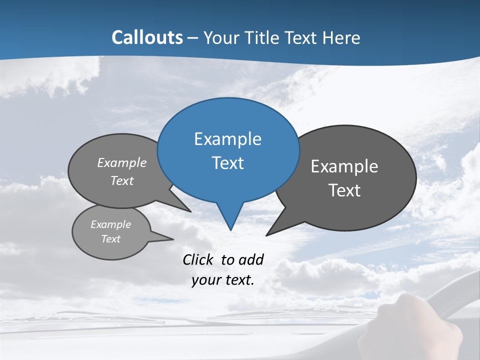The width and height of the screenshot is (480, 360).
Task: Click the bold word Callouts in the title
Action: click(147, 37)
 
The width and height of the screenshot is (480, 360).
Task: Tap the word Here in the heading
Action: click(342, 38)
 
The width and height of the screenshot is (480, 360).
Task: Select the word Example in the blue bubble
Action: click(227, 139)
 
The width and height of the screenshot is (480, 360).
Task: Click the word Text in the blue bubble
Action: click(228, 163)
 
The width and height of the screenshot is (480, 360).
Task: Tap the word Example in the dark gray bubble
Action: click(344, 166)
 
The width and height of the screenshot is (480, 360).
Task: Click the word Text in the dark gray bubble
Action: click(344, 190)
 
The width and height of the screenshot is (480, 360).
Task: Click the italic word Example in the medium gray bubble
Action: click(122, 163)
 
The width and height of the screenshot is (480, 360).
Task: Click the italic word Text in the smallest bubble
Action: click(110, 239)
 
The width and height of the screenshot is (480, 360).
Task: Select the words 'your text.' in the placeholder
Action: click(222, 280)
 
